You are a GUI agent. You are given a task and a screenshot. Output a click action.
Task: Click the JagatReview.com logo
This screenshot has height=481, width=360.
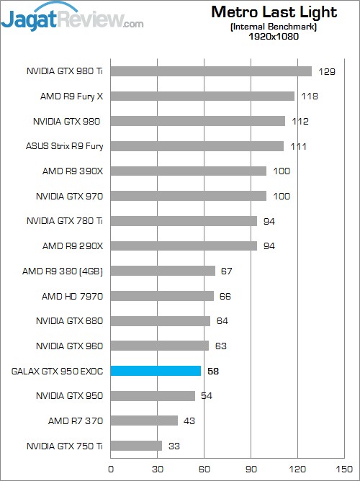[x=72, y=19]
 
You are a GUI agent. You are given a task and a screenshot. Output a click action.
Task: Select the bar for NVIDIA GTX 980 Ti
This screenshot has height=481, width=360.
[x=211, y=71]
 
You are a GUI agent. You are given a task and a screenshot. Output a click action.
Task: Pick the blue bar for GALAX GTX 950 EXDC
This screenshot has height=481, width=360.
[x=156, y=371]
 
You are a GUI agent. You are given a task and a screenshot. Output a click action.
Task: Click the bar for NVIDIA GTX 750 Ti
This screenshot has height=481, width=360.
[x=136, y=446]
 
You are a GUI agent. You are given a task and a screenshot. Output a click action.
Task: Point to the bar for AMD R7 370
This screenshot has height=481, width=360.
[x=144, y=421]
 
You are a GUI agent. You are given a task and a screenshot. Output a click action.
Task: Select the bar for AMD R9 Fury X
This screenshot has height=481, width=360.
[x=202, y=96]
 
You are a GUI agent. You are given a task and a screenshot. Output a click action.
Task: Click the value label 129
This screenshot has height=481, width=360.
[x=328, y=71]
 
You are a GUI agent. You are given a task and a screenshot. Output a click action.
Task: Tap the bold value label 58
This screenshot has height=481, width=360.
[x=213, y=372]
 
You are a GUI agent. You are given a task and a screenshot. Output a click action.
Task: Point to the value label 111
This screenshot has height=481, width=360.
[x=299, y=147]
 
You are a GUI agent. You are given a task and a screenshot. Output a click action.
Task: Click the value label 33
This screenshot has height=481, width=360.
[x=174, y=446]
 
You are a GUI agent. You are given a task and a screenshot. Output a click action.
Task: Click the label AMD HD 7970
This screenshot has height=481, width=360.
[x=73, y=296]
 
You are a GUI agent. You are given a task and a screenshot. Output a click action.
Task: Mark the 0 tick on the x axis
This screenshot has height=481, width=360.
[x=110, y=469]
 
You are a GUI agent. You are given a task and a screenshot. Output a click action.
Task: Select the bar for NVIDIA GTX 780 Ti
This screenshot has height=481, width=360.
[x=184, y=221]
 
